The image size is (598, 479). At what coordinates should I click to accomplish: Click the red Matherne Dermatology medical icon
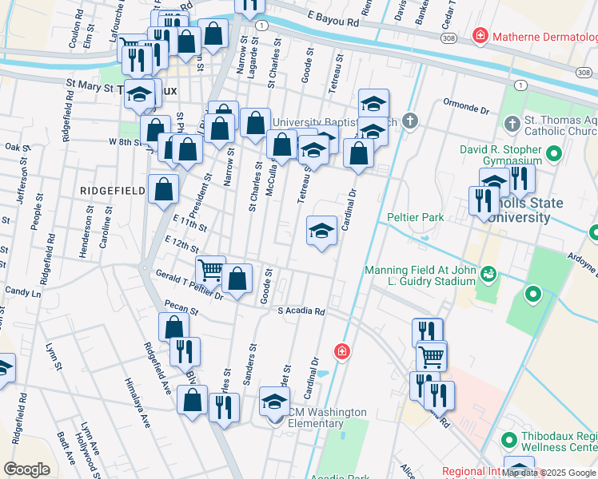tap(480, 36)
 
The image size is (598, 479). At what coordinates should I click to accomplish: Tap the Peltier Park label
tap(415, 217)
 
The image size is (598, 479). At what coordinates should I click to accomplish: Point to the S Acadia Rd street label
tap(301, 311)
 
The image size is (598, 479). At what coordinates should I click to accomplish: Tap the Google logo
tap(26, 469)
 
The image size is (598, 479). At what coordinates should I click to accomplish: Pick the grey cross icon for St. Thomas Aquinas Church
tap(512, 123)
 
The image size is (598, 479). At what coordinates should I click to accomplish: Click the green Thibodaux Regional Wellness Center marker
tap(508, 441)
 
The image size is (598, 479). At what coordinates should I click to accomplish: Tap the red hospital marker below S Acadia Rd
tap(341, 351)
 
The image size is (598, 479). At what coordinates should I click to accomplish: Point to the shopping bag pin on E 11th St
tap(163, 190)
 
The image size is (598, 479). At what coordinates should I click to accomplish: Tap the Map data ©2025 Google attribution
tap(548, 473)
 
